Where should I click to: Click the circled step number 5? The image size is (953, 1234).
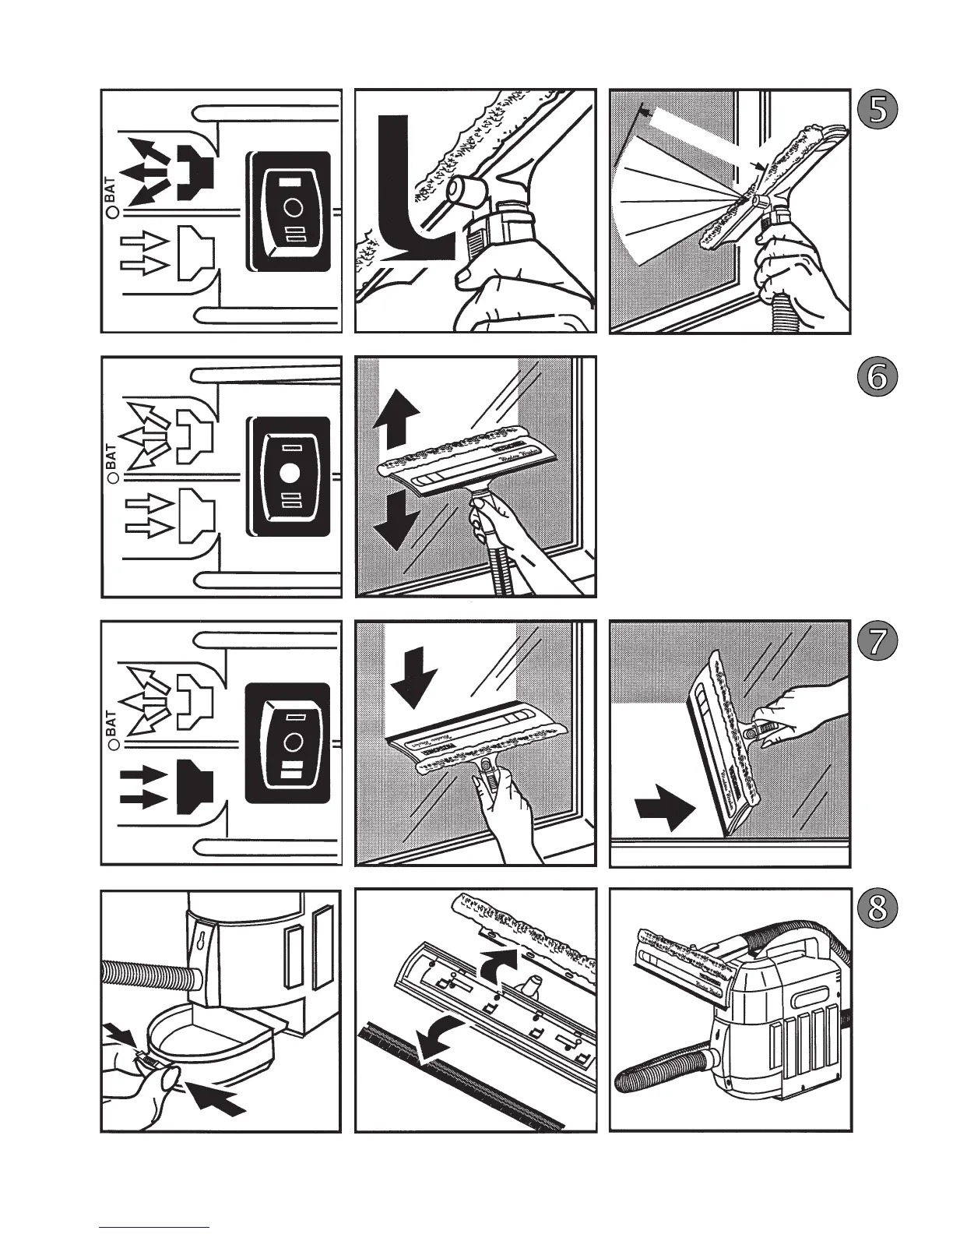pyautogui.click(x=877, y=111)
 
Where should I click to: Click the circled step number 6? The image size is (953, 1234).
pyautogui.click(x=877, y=377)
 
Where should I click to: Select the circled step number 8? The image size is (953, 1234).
pyautogui.click(x=877, y=909)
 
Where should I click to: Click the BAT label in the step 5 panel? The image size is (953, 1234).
pyautogui.click(x=111, y=189)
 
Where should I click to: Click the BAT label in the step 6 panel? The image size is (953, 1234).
pyautogui.click(x=111, y=457)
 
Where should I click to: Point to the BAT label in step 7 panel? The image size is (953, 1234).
pyautogui.click(x=111, y=724)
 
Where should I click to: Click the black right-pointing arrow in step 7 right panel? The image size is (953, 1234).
pyautogui.click(x=664, y=809)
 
